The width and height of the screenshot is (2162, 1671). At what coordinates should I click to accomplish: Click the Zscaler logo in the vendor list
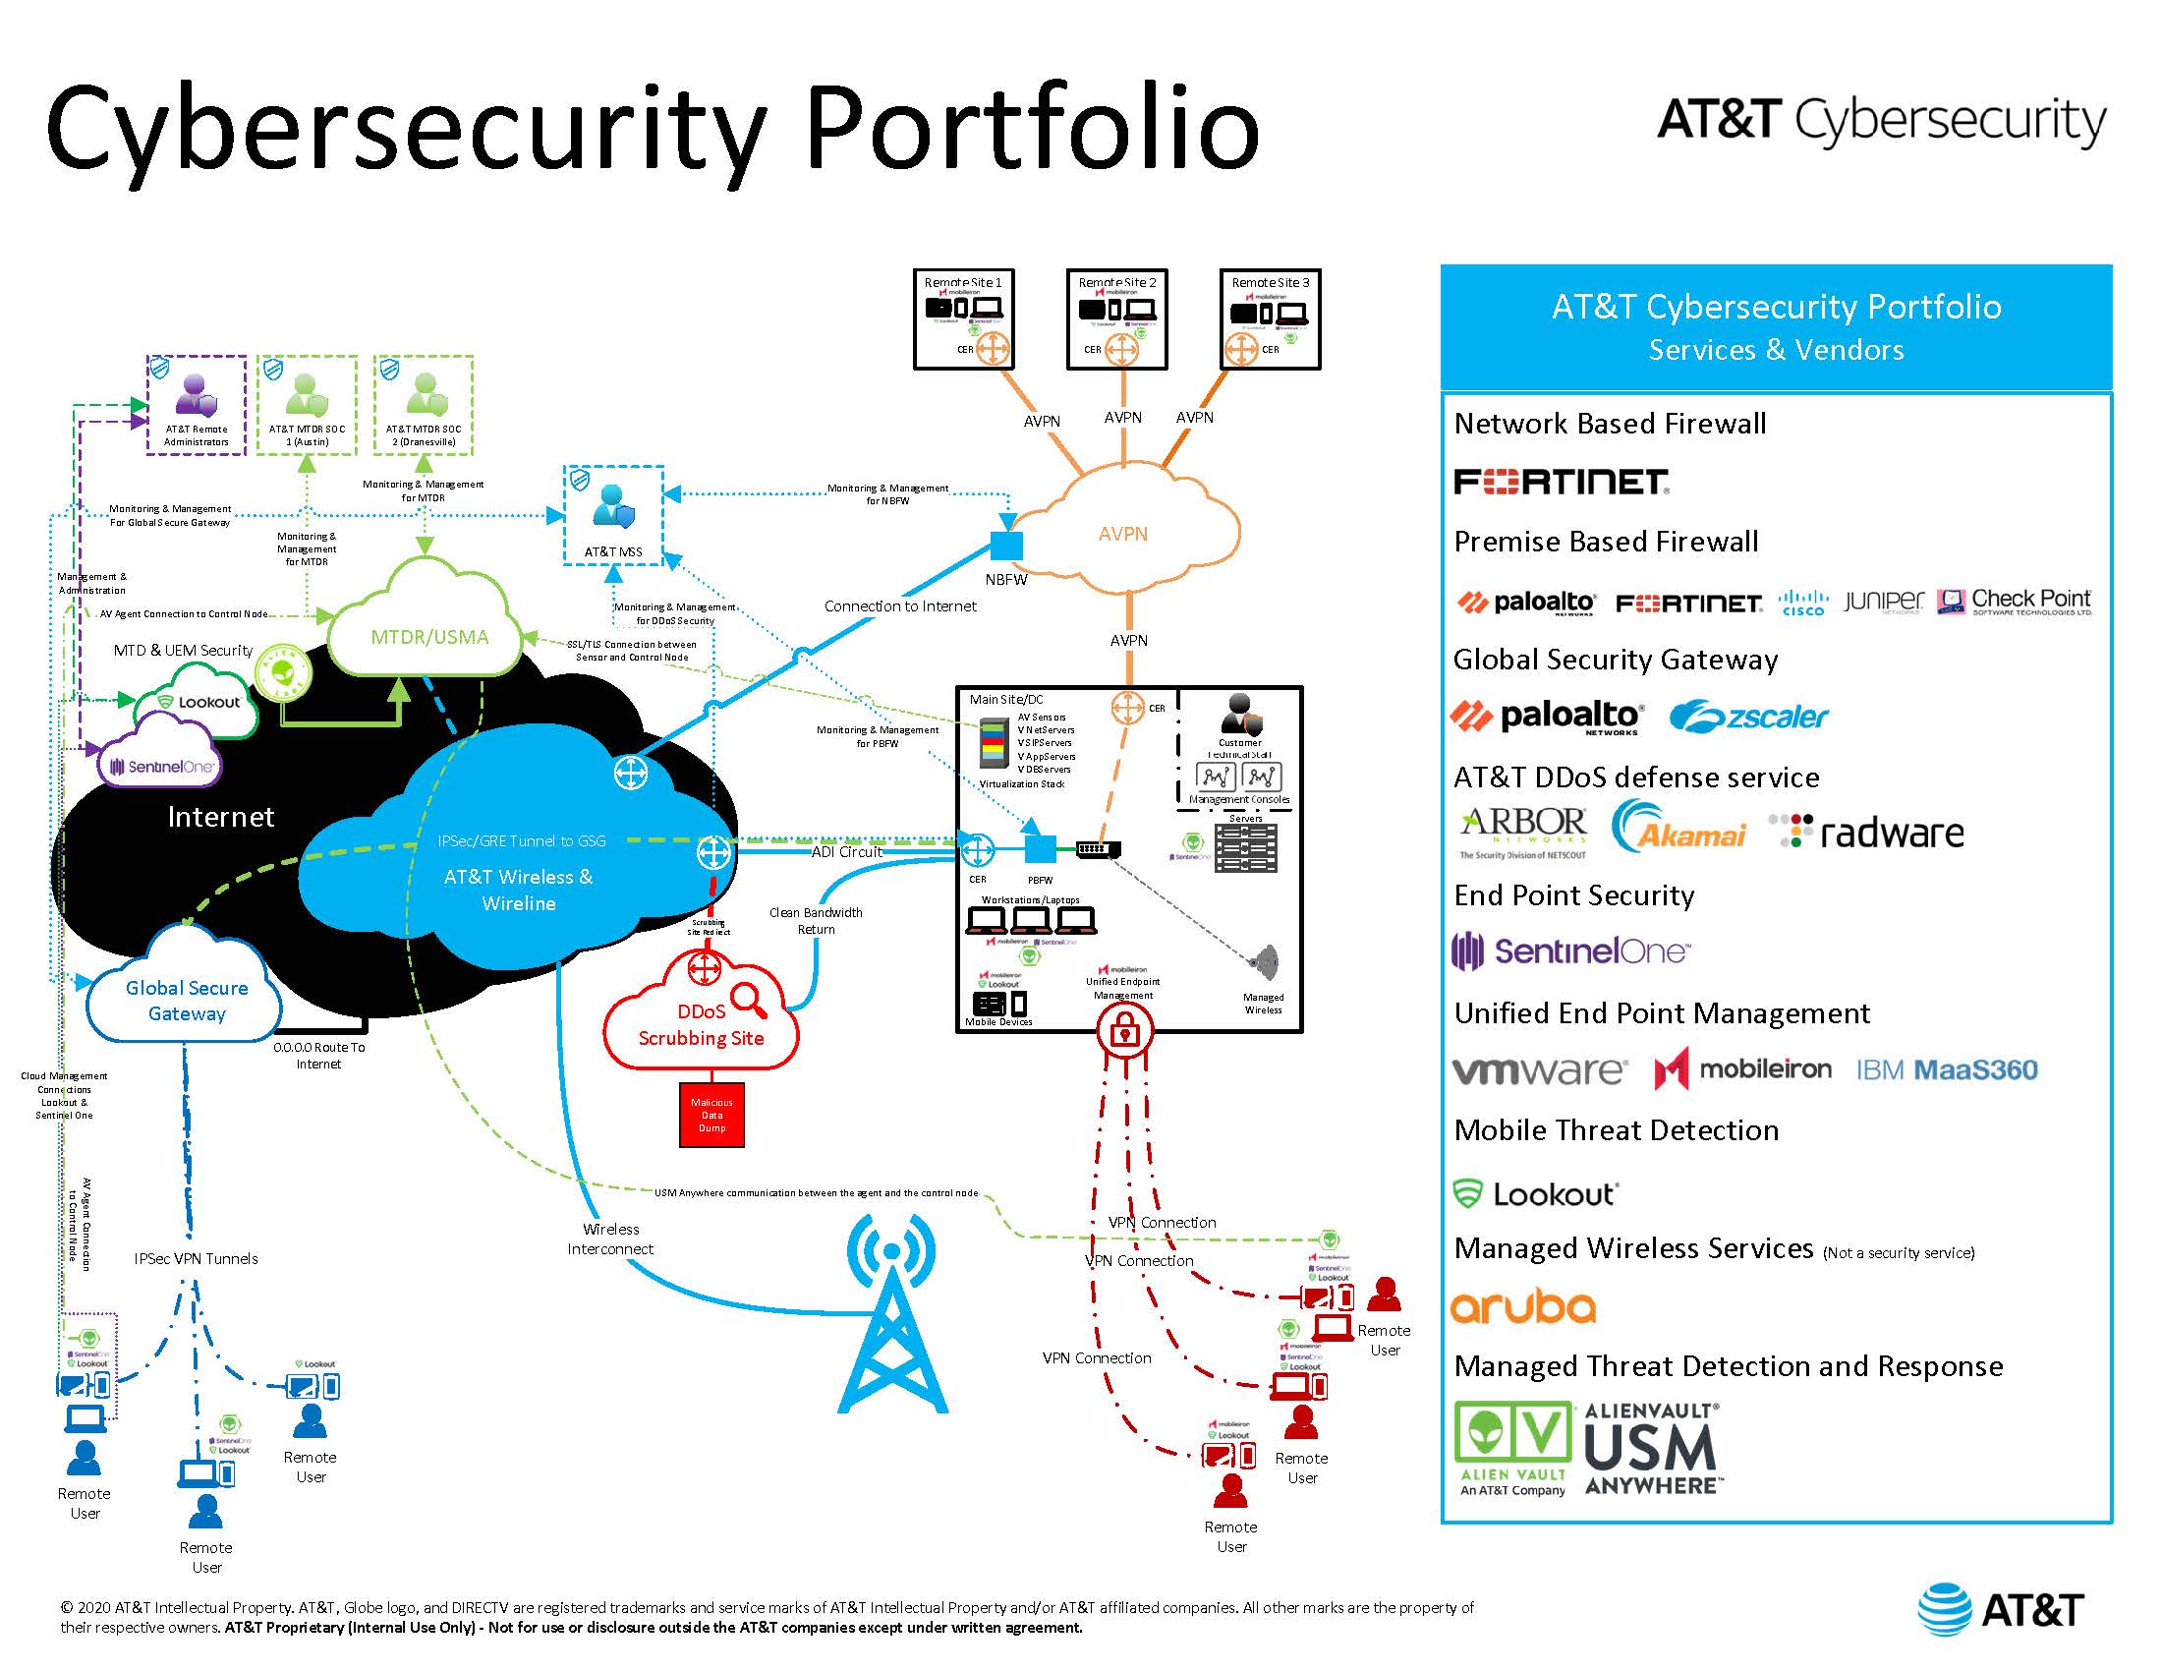click(x=1748, y=716)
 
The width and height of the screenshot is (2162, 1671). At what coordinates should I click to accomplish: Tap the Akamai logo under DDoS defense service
click(x=1678, y=828)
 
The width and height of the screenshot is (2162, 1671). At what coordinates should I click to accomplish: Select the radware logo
click(x=1867, y=833)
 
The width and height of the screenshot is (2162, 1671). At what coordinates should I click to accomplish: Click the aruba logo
click(x=1522, y=1306)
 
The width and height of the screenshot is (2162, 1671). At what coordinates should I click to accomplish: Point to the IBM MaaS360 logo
click(x=1946, y=1070)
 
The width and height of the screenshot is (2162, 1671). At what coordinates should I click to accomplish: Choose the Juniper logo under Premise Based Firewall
click(x=1883, y=601)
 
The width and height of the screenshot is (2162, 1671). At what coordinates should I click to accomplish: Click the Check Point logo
click(x=2015, y=601)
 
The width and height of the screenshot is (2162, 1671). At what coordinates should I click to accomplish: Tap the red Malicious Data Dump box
click(x=711, y=1115)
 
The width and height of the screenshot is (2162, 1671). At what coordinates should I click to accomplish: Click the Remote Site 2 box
click(x=1116, y=318)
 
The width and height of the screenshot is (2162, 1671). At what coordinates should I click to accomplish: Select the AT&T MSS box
click(x=613, y=515)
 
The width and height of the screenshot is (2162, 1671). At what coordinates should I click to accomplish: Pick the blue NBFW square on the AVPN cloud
click(x=1006, y=546)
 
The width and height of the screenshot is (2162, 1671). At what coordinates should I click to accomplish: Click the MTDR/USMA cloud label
click(x=429, y=637)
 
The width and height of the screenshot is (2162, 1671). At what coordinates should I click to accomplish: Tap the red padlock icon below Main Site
click(x=1123, y=1031)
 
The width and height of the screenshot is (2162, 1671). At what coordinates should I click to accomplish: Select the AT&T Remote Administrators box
click(x=196, y=405)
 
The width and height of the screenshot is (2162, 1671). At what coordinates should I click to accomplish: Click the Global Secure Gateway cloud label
click(x=186, y=1001)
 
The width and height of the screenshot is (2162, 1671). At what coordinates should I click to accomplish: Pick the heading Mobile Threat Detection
click(x=1616, y=1130)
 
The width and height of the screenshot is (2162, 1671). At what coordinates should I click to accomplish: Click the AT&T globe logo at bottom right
click(x=1944, y=1610)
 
